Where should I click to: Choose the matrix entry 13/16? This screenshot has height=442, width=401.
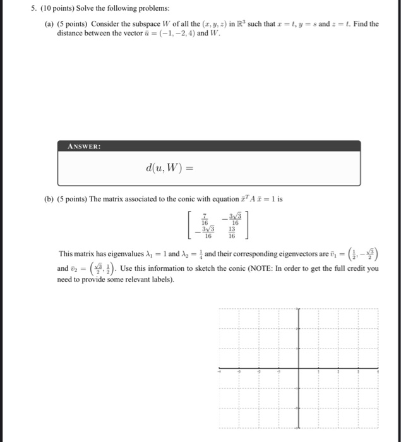click(232, 232)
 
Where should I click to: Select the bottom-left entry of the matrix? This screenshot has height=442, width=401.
click(201, 232)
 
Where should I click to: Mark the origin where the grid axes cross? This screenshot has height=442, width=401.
click(299, 371)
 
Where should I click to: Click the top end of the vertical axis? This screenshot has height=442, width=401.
click(299, 311)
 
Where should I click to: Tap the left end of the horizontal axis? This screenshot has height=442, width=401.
click(220, 371)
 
